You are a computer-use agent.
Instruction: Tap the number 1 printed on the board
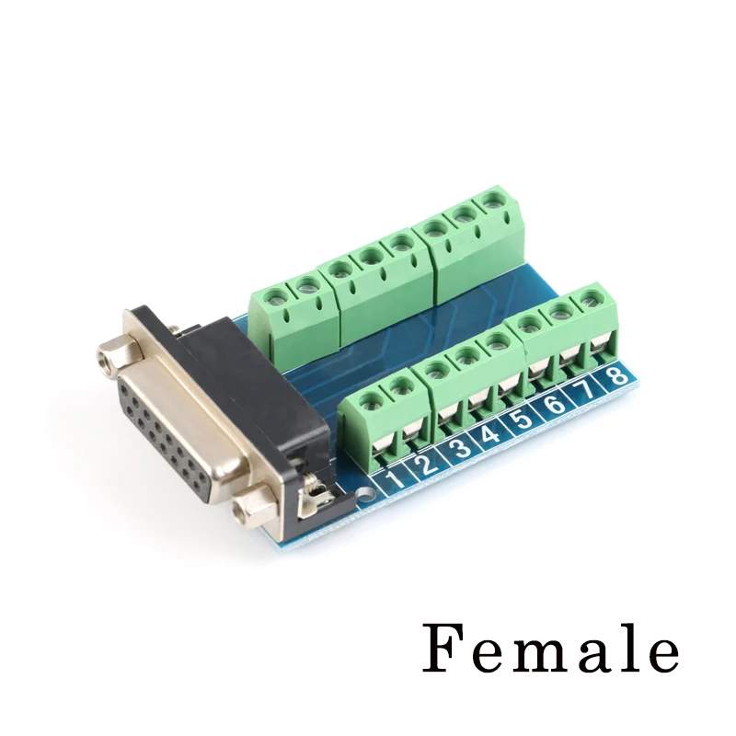pos(394,479)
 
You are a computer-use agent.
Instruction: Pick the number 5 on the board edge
pos(523,419)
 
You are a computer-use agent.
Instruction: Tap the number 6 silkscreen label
pos(554,404)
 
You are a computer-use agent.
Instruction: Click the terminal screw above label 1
pos(371,400)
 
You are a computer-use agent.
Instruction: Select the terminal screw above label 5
pos(498,341)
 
